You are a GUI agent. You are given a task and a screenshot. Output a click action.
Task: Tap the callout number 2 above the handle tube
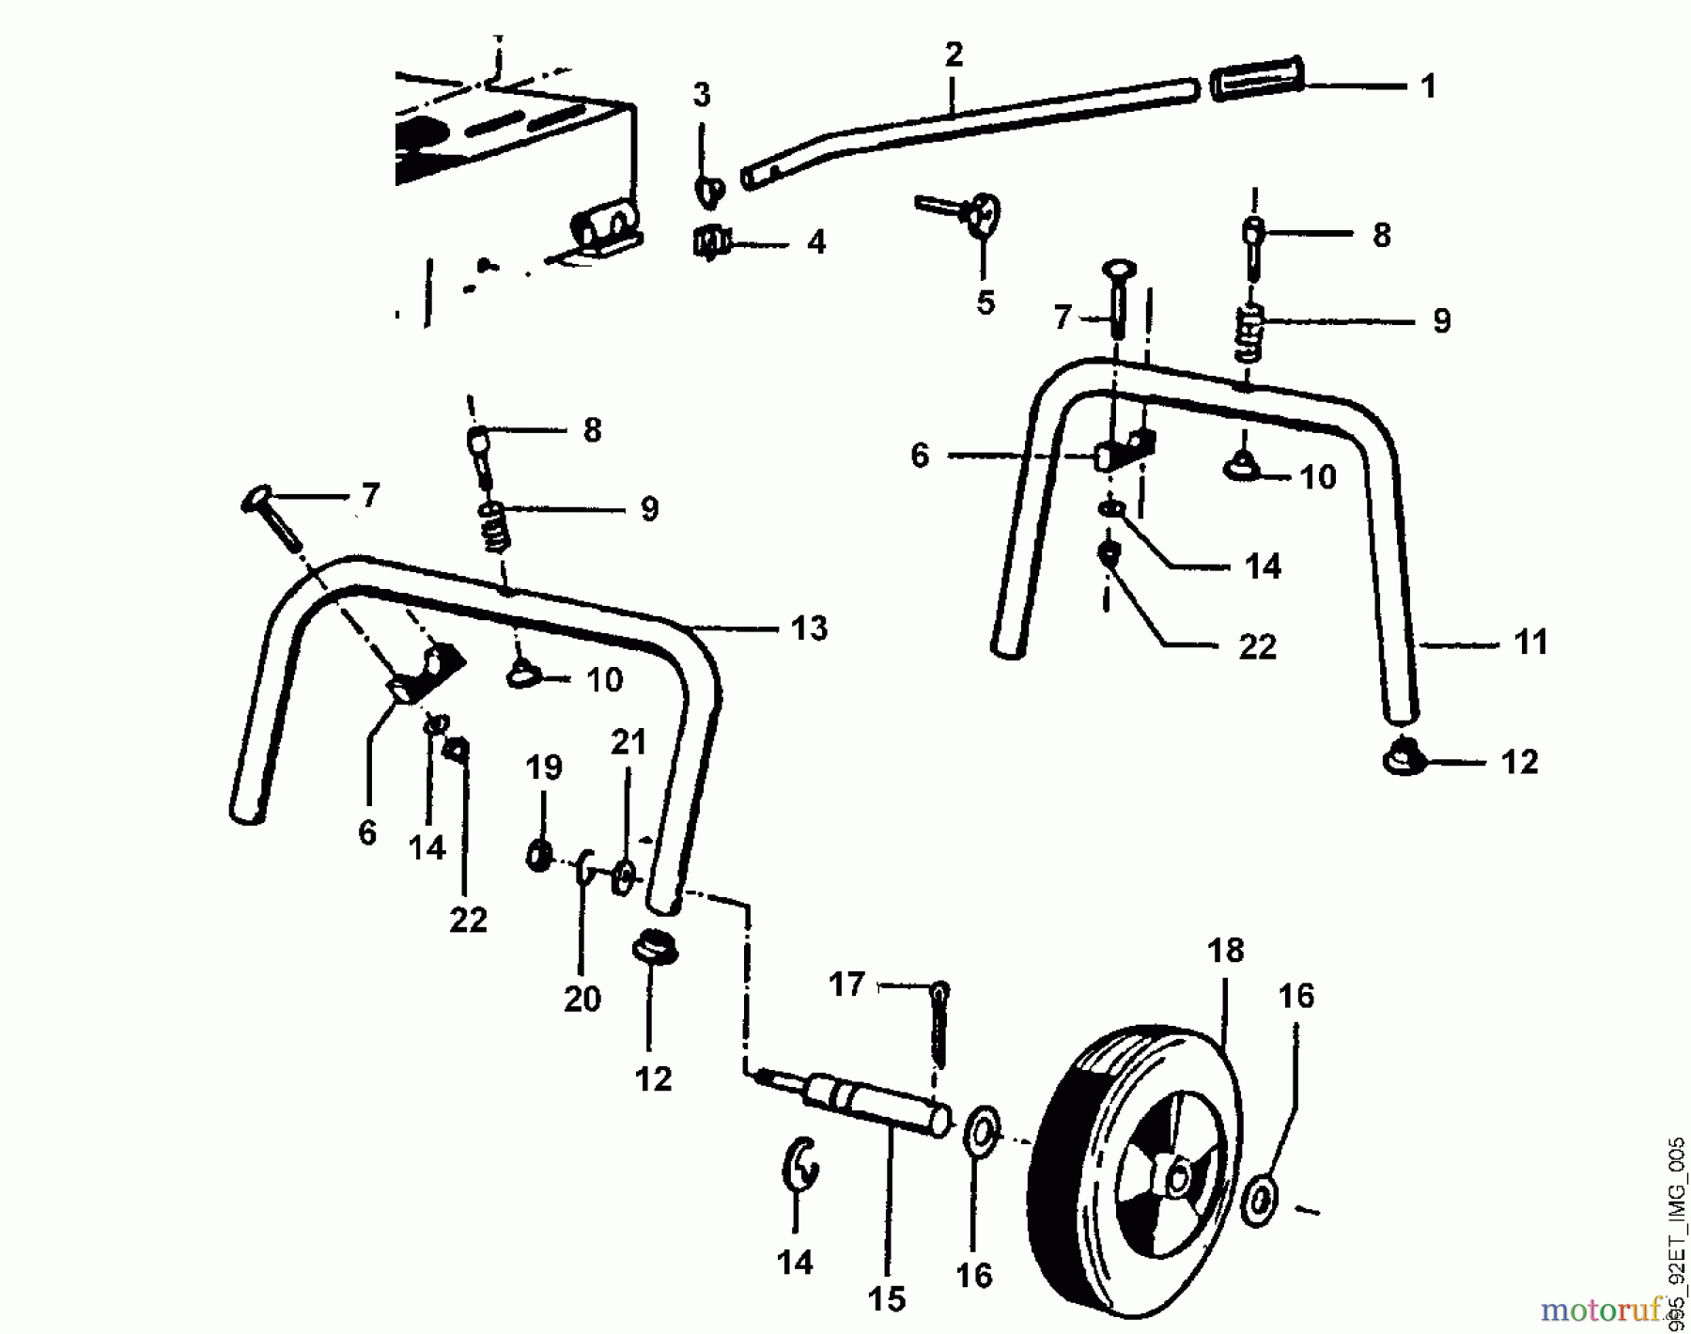pyautogui.click(x=954, y=54)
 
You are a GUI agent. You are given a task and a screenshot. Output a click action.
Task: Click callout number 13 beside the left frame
pyautogui.click(x=809, y=628)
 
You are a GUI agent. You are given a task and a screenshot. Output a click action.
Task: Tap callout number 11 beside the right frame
pyautogui.click(x=1530, y=644)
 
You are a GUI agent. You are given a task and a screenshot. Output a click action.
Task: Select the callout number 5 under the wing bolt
pyautogui.click(x=985, y=302)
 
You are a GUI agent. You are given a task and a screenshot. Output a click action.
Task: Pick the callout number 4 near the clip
pyautogui.click(x=816, y=242)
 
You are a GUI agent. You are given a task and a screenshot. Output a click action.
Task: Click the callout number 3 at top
pyautogui.click(x=702, y=95)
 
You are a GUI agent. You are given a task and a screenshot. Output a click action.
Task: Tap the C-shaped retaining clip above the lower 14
pyautogui.click(x=799, y=1166)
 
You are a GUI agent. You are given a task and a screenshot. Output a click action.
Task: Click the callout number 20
pyautogui.click(x=582, y=998)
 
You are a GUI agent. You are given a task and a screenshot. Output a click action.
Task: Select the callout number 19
pyautogui.click(x=544, y=767)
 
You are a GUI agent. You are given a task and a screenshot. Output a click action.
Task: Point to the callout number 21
pyautogui.click(x=628, y=742)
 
